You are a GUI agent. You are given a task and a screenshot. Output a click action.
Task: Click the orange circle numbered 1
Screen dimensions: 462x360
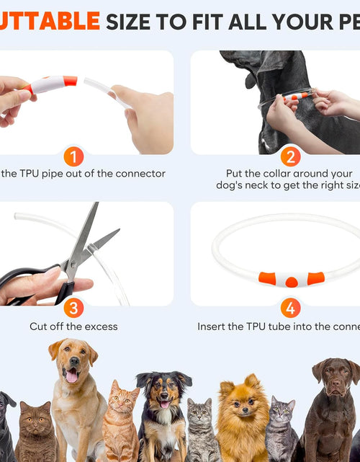73,156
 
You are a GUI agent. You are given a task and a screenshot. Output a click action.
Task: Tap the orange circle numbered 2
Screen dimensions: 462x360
289,156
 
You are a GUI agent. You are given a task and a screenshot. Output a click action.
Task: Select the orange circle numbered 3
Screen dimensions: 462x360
73,308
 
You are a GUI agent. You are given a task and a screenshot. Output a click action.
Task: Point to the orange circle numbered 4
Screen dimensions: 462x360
289,308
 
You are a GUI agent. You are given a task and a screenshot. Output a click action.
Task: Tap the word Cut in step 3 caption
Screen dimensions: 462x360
38,326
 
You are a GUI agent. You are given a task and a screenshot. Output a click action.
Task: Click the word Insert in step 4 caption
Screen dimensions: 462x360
212,326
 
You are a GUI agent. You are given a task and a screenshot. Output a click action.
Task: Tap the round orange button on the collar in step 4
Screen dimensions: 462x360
290,281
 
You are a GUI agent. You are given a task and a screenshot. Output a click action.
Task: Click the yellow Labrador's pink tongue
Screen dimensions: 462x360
71,375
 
